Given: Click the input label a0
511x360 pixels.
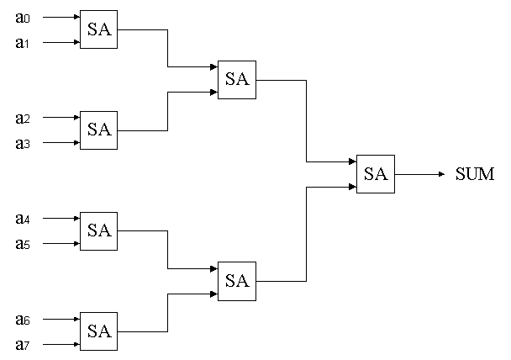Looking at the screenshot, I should tap(23, 17).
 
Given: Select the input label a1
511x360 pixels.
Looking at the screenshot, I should tap(23, 42).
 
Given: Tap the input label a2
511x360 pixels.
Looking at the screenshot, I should tap(23, 118).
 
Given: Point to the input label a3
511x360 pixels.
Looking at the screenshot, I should tap(23, 143).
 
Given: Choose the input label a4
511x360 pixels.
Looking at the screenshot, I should tap(23, 219).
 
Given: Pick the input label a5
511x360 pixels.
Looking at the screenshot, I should tap(23, 244).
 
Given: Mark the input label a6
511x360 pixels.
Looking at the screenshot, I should tap(23, 320).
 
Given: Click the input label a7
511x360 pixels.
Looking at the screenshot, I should tap(23, 345).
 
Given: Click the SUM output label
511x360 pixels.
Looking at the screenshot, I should tap(475, 175).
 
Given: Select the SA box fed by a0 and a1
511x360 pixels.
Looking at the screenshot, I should tap(99, 29).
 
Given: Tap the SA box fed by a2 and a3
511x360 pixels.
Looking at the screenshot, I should tap(99, 130).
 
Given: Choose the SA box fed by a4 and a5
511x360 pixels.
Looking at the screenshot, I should tap(99, 231).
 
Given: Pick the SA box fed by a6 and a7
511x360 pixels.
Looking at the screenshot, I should tap(99, 332).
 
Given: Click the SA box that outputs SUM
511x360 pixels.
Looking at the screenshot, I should tap(376, 174).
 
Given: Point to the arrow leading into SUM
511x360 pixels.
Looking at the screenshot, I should tap(420, 174).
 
